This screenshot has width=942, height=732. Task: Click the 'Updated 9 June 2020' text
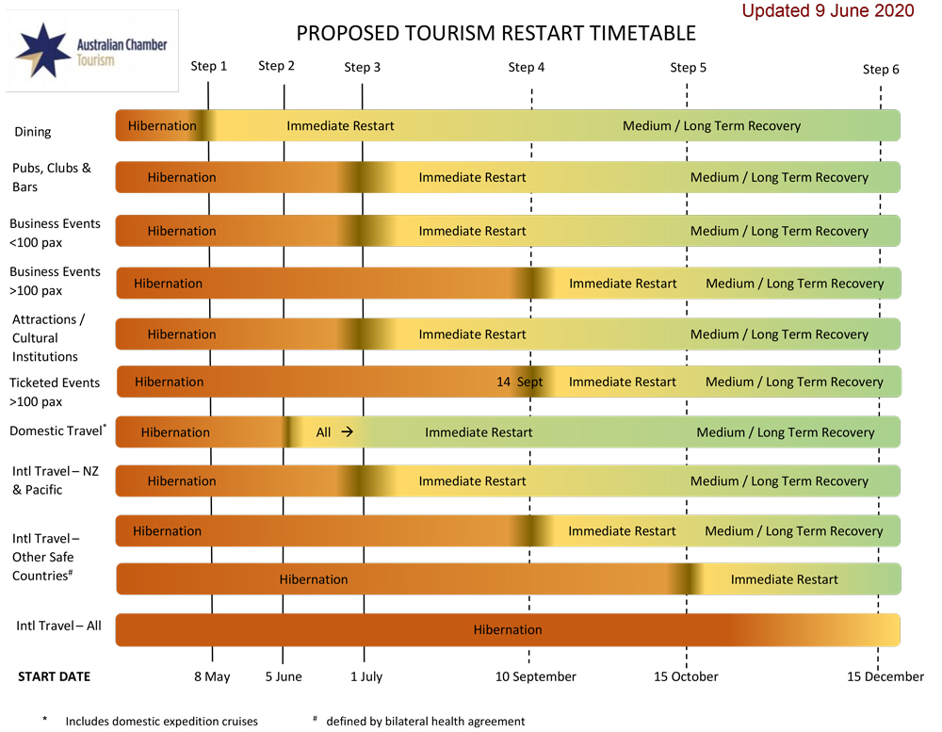828,11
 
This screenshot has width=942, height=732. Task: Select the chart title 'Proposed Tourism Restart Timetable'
495,34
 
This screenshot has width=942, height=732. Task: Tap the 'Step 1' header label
209,66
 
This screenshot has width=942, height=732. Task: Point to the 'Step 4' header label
527,67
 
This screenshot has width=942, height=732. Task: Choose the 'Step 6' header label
881,69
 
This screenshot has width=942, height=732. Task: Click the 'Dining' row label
33,132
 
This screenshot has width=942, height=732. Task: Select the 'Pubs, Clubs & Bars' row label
52,177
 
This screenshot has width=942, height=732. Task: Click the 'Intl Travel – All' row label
58,626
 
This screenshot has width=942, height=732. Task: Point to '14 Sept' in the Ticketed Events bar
520,382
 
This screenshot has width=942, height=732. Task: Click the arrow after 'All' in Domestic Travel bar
347,432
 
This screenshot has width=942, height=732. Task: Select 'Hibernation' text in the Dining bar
162,125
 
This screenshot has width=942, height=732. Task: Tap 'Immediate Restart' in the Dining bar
340,125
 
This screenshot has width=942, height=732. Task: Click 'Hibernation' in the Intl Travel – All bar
508,630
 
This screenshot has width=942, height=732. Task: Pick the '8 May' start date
212,676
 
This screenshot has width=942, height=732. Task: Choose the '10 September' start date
535,676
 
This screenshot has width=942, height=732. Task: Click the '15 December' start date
885,676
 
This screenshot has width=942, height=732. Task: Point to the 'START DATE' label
55,676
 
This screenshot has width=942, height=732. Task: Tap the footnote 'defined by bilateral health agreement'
425,722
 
